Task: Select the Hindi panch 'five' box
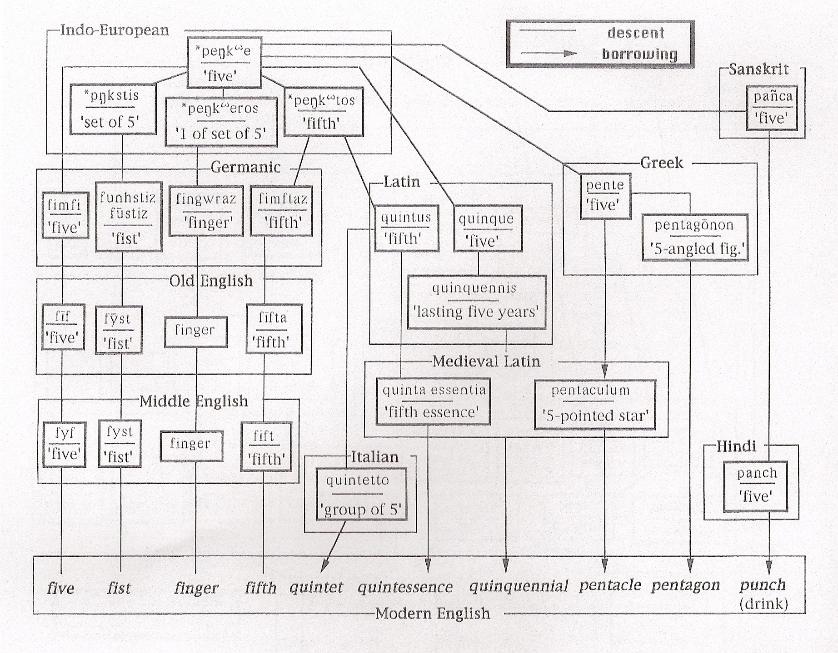point(755,486)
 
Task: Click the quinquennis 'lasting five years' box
point(476,302)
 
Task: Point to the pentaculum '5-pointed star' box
point(595,404)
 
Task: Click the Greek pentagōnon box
point(695,237)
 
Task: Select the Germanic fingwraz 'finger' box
point(206,211)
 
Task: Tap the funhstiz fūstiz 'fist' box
point(129,217)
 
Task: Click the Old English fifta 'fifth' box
point(274,329)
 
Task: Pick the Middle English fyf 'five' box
point(64,444)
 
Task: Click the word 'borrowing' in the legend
point(639,54)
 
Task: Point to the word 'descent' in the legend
point(636,33)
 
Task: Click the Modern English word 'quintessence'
point(405,587)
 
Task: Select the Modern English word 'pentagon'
point(685,585)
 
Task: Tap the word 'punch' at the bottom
point(762,585)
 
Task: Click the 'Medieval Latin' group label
point(486,361)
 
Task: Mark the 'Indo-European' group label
point(115,30)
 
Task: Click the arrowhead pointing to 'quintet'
point(324,567)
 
